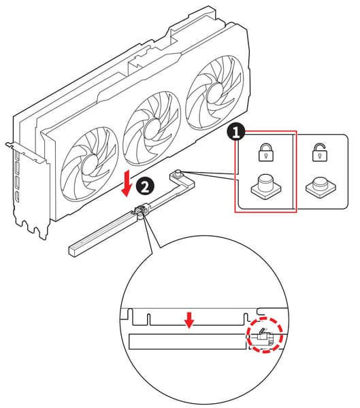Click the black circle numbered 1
point(236,132)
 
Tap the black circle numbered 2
point(146,187)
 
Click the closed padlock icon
point(266,152)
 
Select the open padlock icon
point(320,152)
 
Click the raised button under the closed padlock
point(266,186)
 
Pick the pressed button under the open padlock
point(321,187)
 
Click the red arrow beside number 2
point(127,183)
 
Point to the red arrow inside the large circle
point(189,320)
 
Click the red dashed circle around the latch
point(265,335)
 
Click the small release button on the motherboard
point(178,173)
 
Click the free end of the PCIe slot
point(73,251)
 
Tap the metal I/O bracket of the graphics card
point(29,188)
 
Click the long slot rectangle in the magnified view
point(188,341)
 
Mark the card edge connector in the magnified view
point(189,317)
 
